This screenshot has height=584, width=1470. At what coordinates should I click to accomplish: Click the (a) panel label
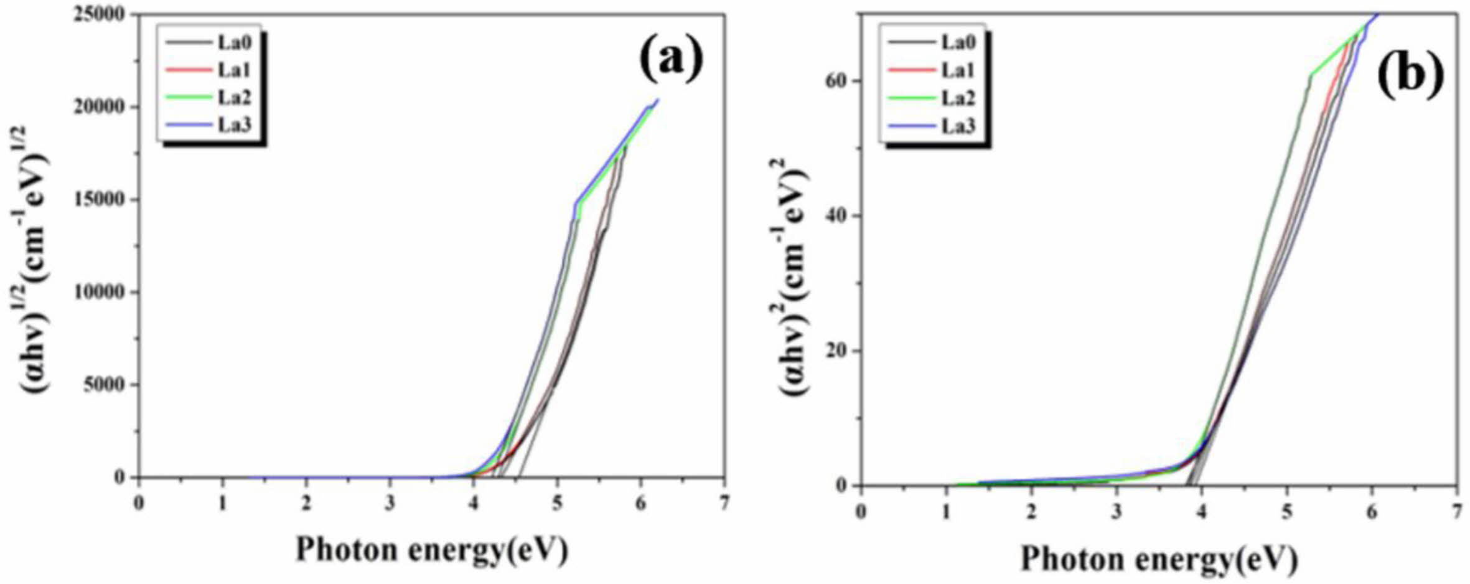tap(671, 58)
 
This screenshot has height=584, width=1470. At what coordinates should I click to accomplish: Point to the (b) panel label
tap(1410, 74)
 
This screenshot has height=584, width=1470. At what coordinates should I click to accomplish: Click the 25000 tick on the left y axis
tap(100, 14)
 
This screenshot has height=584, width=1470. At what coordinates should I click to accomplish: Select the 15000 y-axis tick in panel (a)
tap(100, 200)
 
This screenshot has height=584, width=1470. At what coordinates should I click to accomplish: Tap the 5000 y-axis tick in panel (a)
tap(104, 385)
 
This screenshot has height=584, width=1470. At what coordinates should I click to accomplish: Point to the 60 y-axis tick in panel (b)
tap(833, 82)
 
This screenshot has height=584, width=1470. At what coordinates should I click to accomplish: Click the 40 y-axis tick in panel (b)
tap(833, 217)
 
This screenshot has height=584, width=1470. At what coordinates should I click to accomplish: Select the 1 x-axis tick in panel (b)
tap(947, 512)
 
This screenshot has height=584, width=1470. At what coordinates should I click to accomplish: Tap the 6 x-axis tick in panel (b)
tap(1372, 512)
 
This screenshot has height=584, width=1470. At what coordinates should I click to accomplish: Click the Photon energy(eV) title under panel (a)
tap(431, 550)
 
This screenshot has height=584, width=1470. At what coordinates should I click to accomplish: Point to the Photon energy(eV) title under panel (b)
tap(1159, 558)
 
